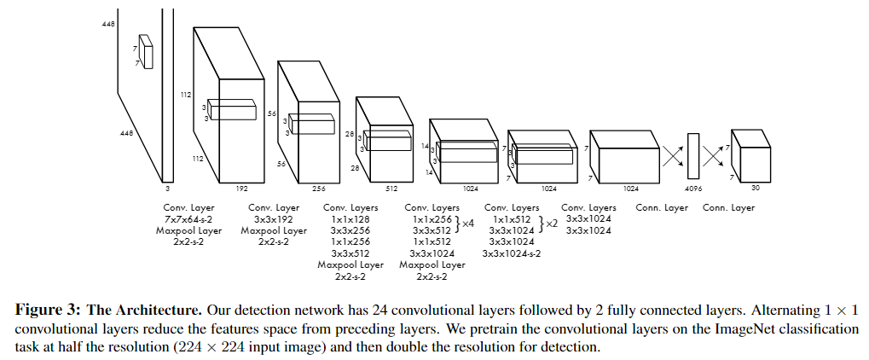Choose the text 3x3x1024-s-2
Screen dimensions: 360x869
[511, 253]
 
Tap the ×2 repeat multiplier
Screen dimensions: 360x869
[551, 224]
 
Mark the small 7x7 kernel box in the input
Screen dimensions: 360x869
[146, 51]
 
